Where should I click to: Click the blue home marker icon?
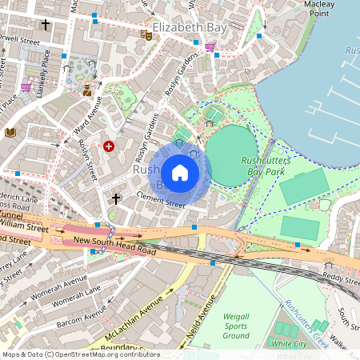click(179, 172)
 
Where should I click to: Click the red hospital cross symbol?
click(109, 146)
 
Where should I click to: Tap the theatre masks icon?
click(146, 34)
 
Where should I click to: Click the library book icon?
click(10, 132)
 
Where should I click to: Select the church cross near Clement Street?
click(116, 198)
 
